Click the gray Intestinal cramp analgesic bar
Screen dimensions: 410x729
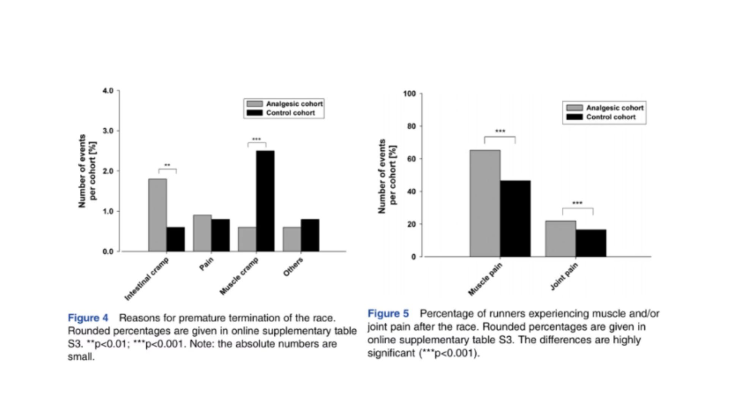(x=158, y=215)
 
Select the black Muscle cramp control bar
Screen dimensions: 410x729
(x=265, y=201)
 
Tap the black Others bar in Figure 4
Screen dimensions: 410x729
(x=310, y=235)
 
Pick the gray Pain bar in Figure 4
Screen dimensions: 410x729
(x=202, y=233)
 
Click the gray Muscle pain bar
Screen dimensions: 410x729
(x=485, y=203)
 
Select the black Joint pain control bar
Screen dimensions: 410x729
(x=591, y=243)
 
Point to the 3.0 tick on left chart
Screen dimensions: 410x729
(x=108, y=131)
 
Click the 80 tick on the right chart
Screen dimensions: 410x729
(x=412, y=126)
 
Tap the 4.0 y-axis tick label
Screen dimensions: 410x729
(x=108, y=91)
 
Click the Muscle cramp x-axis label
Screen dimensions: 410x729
(x=239, y=276)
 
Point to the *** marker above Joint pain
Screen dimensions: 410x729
(x=577, y=203)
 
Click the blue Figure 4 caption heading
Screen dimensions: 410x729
(x=88, y=318)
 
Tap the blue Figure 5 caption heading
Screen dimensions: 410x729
(x=388, y=314)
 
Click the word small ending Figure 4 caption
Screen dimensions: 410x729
(x=80, y=357)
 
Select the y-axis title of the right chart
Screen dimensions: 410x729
(x=387, y=176)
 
